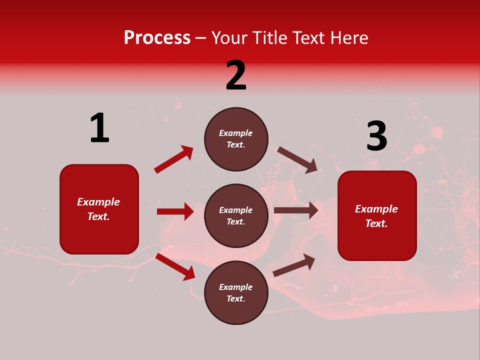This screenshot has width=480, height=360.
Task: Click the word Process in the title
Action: click(x=157, y=38)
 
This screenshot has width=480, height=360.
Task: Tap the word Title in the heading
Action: click(x=267, y=38)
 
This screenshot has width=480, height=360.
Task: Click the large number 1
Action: click(x=99, y=128)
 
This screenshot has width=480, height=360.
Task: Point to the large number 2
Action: click(x=236, y=75)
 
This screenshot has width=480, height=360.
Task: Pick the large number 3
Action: click(x=376, y=136)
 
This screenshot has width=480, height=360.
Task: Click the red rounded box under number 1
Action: click(x=99, y=209)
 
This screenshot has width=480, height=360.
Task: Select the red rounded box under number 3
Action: click(x=377, y=215)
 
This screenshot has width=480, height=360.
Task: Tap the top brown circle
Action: click(x=236, y=139)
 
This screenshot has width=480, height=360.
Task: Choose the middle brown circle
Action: click(x=236, y=215)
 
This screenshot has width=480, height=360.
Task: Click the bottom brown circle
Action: click(x=236, y=292)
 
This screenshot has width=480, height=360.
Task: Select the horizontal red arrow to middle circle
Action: click(x=175, y=211)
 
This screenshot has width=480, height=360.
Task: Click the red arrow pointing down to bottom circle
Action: click(x=175, y=266)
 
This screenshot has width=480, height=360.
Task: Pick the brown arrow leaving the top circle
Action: click(x=297, y=159)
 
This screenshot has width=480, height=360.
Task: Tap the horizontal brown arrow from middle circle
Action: click(x=296, y=210)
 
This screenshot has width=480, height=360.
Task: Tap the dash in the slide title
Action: click(x=200, y=38)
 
